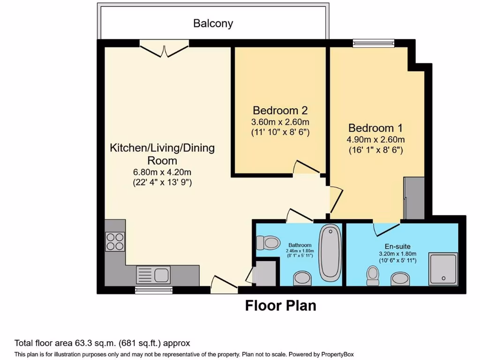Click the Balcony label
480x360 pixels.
(213, 23)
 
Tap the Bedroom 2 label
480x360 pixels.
(280, 111)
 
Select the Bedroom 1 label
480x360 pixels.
(376, 128)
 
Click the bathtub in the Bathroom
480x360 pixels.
(330, 252)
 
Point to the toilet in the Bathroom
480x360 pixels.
(268, 242)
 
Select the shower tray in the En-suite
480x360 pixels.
(443, 269)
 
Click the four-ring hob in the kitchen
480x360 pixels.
(115, 241)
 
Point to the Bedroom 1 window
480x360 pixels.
(374, 44)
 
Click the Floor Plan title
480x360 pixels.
(281, 306)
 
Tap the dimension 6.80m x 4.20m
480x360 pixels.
(162, 171)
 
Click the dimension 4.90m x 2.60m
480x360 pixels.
(376, 140)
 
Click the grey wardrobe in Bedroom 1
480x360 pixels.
(414, 198)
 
